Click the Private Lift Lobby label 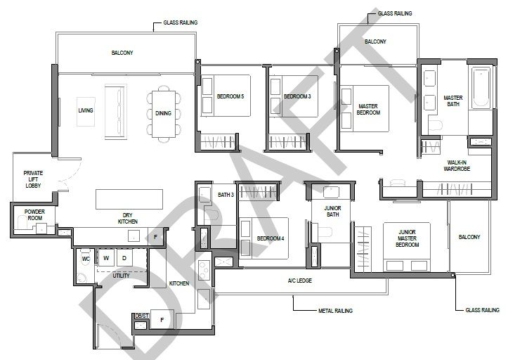click(x=33, y=179)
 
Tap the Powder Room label click(x=34, y=214)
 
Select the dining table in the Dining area click(x=164, y=114)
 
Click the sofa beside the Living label click(x=116, y=112)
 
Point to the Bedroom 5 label click(x=230, y=96)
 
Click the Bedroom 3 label click(x=297, y=96)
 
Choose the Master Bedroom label click(x=368, y=110)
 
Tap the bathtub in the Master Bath click(x=481, y=88)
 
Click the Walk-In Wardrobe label click(x=457, y=165)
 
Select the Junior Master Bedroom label click(x=407, y=238)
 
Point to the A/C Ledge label click(x=300, y=281)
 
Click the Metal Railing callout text click(x=335, y=311)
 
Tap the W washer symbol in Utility click(x=106, y=258)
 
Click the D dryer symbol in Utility click(x=124, y=258)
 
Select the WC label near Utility click(x=86, y=259)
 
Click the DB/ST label click(x=142, y=316)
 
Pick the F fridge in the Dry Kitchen click(x=155, y=237)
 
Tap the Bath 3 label click(x=226, y=195)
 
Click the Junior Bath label click(x=332, y=212)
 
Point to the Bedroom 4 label click(x=271, y=238)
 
